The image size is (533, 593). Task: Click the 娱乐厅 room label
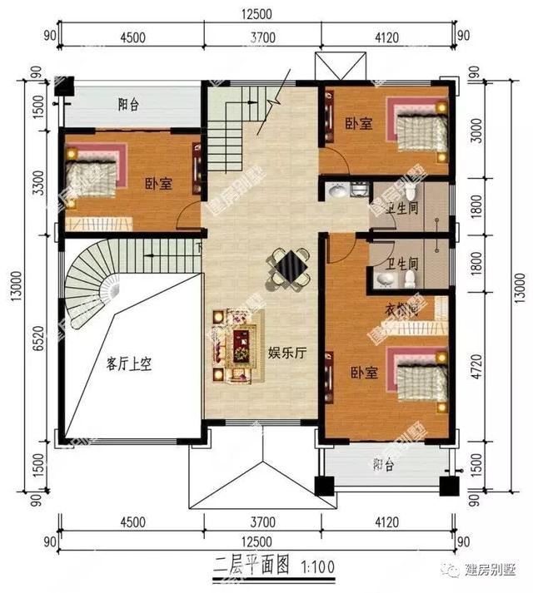(288, 353)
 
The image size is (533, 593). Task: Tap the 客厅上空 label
(133, 363)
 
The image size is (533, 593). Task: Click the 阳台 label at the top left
(128, 105)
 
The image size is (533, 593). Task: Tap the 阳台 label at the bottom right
(383, 466)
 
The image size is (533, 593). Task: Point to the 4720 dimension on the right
(476, 366)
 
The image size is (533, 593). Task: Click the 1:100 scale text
(317, 567)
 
